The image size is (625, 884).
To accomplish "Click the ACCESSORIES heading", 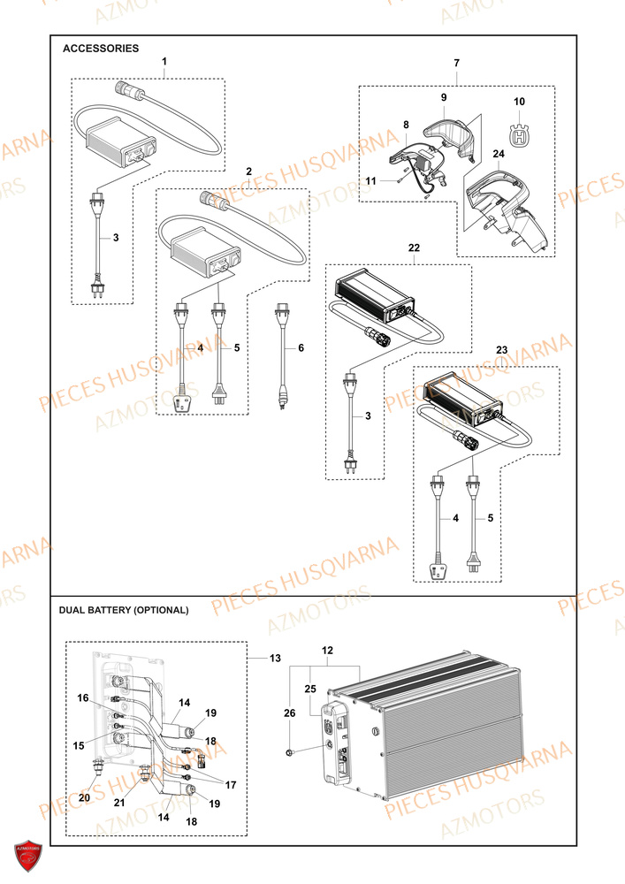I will [x=101, y=49].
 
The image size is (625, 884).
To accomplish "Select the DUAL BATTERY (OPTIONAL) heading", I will [x=123, y=610].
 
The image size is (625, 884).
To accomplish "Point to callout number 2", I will [x=249, y=171].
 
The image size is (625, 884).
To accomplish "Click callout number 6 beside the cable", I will [x=301, y=348].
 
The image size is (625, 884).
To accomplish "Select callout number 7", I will [x=456, y=64].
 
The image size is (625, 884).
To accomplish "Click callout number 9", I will [x=444, y=96].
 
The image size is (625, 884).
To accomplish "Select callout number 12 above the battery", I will [x=329, y=651].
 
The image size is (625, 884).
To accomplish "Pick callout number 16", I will [x=82, y=698].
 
